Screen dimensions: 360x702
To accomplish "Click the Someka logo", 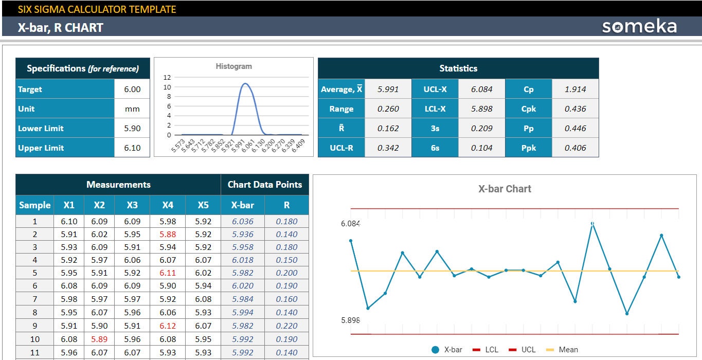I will pyautogui.click(x=639, y=27).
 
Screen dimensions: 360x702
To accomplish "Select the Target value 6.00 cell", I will pyautogui.click(x=132, y=89).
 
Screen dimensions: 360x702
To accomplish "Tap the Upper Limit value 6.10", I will pyautogui.click(x=132, y=148).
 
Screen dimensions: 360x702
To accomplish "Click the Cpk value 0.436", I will pyautogui.click(x=575, y=109).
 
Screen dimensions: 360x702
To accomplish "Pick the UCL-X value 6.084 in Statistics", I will pyautogui.click(x=481, y=89).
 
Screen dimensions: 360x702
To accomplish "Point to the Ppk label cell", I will pyautogui.click(x=528, y=148).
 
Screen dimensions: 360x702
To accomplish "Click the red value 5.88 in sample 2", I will pyautogui.click(x=168, y=234).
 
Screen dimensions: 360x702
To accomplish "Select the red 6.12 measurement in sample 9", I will pyautogui.click(x=168, y=326).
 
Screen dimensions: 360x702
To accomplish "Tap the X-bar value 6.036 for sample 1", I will pyautogui.click(x=243, y=221).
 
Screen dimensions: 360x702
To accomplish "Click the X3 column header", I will pyautogui.click(x=132, y=205).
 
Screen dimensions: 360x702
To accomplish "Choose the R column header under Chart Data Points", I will pyautogui.click(x=286, y=205).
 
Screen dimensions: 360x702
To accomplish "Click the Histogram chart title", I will pyautogui.click(x=233, y=66).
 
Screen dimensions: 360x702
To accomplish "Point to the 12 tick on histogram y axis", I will pyautogui.click(x=167, y=77).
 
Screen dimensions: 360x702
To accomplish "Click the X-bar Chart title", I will pyautogui.click(x=505, y=189).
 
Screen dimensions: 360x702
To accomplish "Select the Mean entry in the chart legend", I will pyautogui.click(x=563, y=350).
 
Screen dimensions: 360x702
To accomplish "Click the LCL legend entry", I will pyautogui.click(x=486, y=350).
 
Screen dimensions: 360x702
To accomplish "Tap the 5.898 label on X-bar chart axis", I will pyautogui.click(x=350, y=320).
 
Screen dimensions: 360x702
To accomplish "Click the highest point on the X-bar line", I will pyautogui.click(x=592, y=224).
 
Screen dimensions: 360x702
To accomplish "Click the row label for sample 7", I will pyautogui.click(x=34, y=299).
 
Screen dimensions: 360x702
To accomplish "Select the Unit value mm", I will pyautogui.click(x=132, y=109).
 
